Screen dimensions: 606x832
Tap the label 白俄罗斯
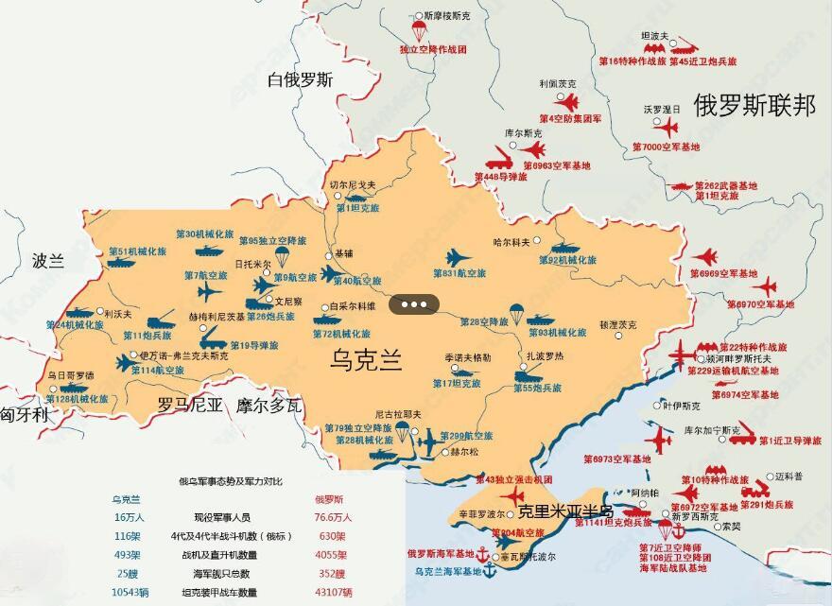pos(301,79)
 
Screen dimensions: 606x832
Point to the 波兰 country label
pos(47,262)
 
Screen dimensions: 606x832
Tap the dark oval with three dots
pos(416,304)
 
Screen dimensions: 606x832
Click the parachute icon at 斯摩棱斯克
pos(420,31)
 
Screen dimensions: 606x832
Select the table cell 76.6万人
pos(332,517)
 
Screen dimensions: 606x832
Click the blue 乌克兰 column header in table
pos(126,498)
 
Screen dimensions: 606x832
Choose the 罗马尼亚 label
pos(189,407)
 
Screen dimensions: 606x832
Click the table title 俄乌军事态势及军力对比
pos(231,481)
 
